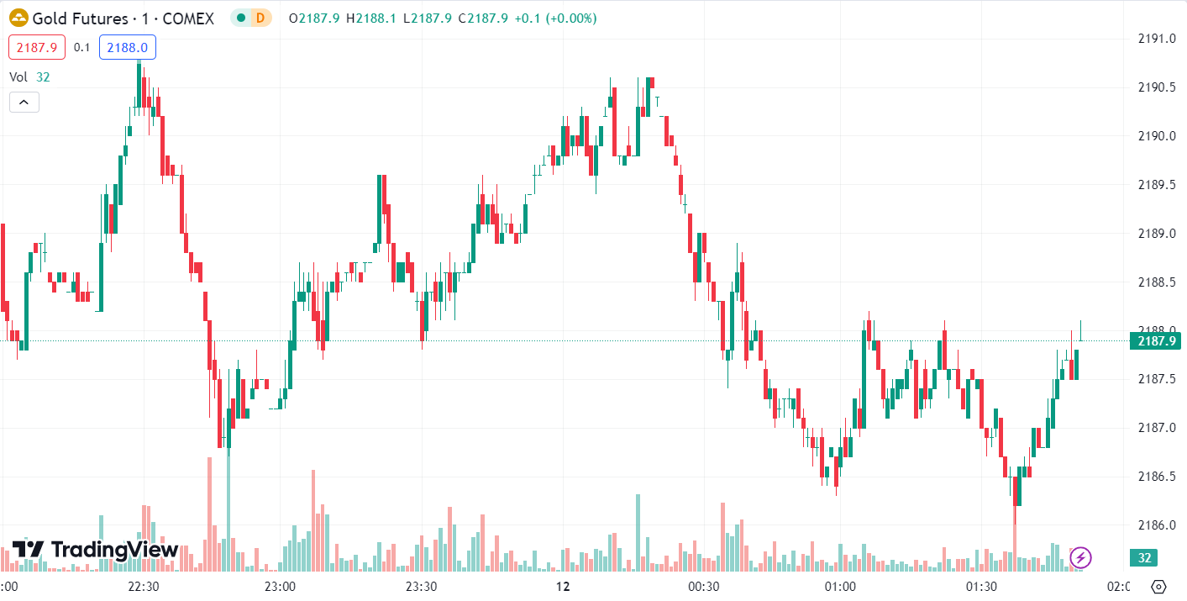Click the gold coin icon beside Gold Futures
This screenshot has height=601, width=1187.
18,18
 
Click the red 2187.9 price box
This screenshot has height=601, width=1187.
37,48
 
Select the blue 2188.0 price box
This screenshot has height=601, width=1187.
128,48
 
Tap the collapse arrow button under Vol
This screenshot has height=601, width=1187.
24,103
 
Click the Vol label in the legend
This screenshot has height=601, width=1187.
18,77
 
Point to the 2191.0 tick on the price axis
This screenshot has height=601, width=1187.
1156,39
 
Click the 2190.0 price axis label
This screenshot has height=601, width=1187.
1156,136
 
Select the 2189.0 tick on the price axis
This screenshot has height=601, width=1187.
1156,234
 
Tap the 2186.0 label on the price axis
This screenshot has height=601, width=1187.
1156,525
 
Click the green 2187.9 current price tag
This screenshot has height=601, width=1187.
1155,341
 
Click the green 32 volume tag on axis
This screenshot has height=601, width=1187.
1144,558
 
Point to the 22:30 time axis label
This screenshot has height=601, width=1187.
143,587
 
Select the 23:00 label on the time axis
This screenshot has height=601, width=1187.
280,587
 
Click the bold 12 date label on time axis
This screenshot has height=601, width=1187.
563,587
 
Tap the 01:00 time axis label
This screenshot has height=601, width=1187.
840,587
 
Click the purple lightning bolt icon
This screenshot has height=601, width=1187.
1081,556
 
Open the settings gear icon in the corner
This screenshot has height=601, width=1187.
1159,587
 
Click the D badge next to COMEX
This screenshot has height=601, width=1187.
260,18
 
